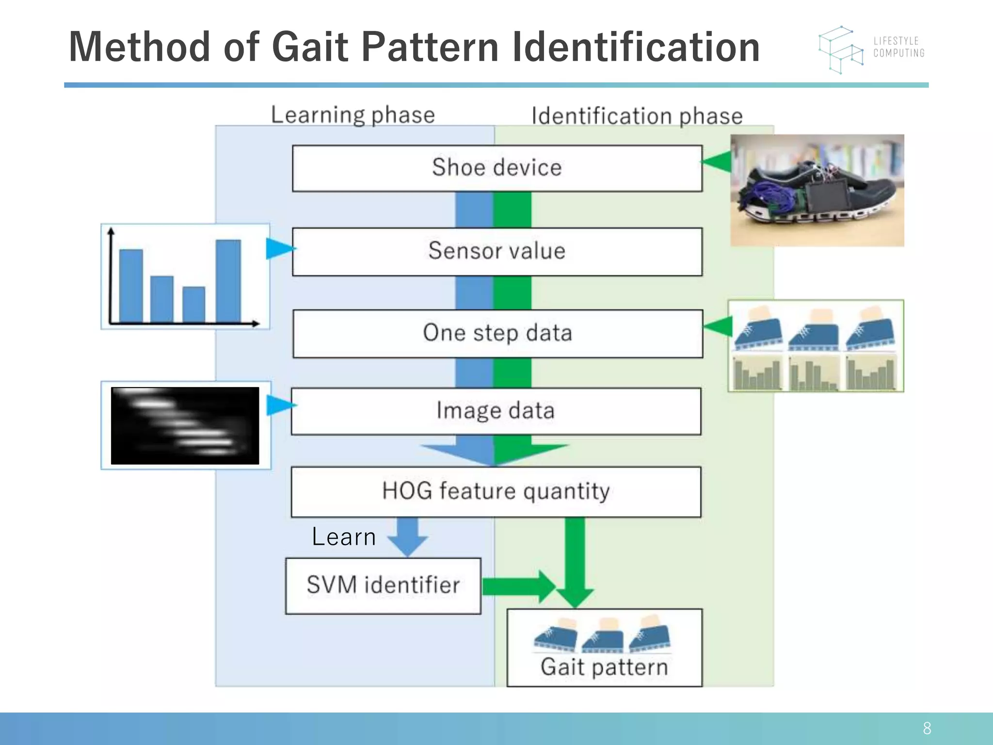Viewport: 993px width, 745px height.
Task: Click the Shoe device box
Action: pyautogui.click(x=497, y=168)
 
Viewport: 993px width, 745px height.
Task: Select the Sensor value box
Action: pyautogui.click(x=497, y=251)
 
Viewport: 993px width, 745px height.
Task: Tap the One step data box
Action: pyautogui.click(x=497, y=333)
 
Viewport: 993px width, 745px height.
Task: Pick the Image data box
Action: pyautogui.click(x=496, y=411)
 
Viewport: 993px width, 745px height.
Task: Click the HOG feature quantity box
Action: pyautogui.click(x=496, y=491)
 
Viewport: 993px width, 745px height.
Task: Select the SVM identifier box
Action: pyautogui.click(x=383, y=585)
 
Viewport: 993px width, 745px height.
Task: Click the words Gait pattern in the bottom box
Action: pyautogui.click(x=604, y=667)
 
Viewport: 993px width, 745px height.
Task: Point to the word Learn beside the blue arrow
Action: pyautogui.click(x=344, y=537)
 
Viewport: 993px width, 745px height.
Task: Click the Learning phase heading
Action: pyautogui.click(x=352, y=115)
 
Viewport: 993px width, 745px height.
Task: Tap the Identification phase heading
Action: pyautogui.click(x=637, y=116)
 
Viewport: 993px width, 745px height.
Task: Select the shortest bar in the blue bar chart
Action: pyautogui.click(x=193, y=304)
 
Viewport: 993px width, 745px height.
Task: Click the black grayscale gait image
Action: pyautogui.click(x=185, y=425)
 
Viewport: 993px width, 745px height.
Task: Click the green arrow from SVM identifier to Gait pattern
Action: pyautogui.click(x=519, y=586)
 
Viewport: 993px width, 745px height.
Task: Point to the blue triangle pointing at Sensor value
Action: pyautogui.click(x=279, y=249)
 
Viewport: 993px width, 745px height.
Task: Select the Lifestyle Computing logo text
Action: pyautogui.click(x=898, y=47)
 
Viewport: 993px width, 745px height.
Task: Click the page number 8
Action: pyautogui.click(x=927, y=728)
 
